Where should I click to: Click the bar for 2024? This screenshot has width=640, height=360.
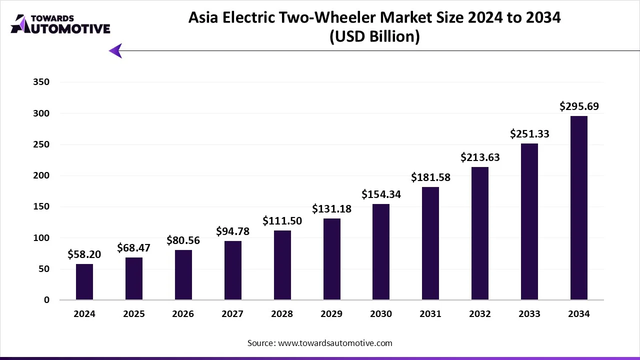click(84, 282)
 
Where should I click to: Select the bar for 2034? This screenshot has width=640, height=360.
click(579, 208)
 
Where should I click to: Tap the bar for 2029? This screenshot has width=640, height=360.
click(331, 259)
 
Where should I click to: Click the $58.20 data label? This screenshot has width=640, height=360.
click(84, 254)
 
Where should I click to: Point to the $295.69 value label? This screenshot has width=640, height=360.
click(579, 106)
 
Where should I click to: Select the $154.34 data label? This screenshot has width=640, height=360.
click(381, 194)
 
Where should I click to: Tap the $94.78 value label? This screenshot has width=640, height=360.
click(232, 231)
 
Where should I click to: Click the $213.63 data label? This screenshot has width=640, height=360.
click(480, 157)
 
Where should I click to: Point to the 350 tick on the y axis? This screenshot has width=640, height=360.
click(41, 82)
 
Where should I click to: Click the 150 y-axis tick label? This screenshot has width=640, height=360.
click(41, 206)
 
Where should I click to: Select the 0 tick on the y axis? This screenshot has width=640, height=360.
click(47, 300)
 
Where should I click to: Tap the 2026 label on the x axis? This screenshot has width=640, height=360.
click(183, 314)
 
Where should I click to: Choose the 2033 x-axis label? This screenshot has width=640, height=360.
click(529, 314)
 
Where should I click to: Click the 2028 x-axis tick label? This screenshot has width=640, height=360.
click(282, 314)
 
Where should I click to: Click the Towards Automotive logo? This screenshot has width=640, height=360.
click(60, 24)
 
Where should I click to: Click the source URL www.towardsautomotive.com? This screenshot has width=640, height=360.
click(335, 343)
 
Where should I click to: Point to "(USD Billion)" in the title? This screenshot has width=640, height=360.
click(374, 36)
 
